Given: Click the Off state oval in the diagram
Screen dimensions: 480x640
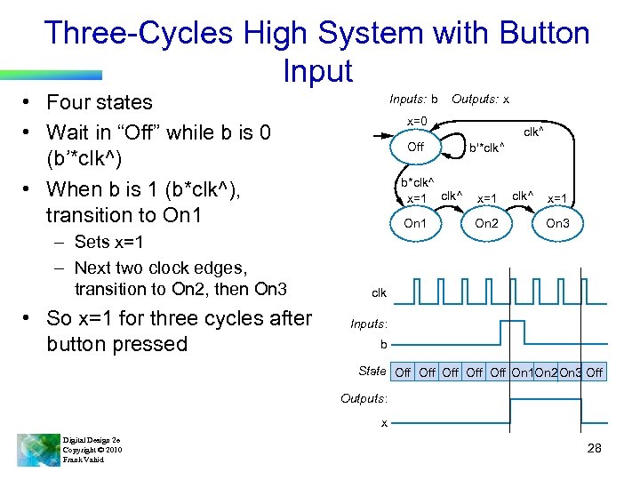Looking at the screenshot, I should (415, 147).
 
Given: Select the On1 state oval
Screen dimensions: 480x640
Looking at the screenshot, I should (415, 223).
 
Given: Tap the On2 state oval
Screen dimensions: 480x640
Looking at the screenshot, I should (486, 223).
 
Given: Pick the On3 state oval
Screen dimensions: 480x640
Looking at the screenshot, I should (557, 223).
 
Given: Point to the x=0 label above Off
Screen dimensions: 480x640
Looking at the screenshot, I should (417, 121).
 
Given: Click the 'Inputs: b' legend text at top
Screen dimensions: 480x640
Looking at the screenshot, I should (413, 100).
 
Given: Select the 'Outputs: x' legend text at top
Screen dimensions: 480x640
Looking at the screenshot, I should (480, 100).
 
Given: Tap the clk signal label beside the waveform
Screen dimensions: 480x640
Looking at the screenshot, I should (379, 292).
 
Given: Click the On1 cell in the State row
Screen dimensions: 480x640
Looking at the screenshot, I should (522, 372).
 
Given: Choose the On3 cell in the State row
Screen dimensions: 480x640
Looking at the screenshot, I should (571, 372).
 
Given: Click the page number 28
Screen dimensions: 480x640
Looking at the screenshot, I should (594, 448).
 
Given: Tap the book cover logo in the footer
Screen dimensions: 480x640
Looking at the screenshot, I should (36, 449).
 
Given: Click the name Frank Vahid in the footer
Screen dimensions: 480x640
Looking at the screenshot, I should (84, 460).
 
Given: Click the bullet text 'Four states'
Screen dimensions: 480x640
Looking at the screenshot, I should (99, 102).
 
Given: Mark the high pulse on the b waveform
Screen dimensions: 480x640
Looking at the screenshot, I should (511, 332).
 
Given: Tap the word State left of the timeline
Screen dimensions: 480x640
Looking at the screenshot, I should (372, 371).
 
